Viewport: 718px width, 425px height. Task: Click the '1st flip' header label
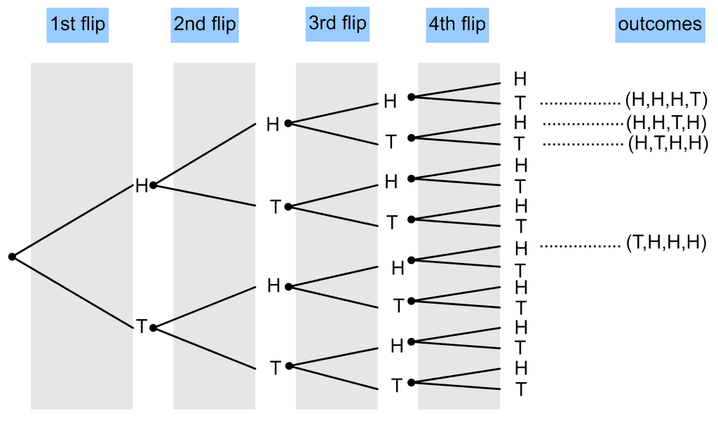coord(77,25)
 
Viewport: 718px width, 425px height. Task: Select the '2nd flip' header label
coord(205,25)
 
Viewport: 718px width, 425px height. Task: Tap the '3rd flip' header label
coord(337,24)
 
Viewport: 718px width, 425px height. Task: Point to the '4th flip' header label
coord(457,25)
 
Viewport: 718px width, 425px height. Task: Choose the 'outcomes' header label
coord(660,25)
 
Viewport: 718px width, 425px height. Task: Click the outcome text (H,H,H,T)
coord(666,100)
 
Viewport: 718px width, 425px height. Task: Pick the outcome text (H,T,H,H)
coord(668,144)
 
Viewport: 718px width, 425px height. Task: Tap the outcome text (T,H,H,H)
coord(666,242)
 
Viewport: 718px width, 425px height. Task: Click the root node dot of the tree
coord(13,257)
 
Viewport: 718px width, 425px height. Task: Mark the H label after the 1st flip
coord(142,186)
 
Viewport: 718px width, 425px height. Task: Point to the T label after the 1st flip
coord(142,327)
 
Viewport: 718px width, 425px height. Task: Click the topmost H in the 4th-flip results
coord(520,79)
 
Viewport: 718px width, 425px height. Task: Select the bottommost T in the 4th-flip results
coord(521,389)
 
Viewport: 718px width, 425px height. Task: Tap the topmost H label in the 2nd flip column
coord(273,124)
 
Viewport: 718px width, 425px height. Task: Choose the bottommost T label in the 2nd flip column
coord(275,367)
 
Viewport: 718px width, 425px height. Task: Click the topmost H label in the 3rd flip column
coord(390,101)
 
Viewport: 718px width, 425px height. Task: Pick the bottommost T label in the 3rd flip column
coord(397,385)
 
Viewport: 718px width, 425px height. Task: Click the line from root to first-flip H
coord(72,221)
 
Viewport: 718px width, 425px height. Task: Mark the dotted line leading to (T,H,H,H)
coord(580,246)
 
